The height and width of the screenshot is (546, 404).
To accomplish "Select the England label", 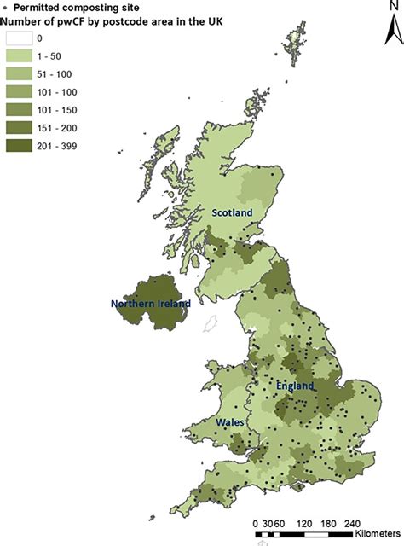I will pos(295,386).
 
